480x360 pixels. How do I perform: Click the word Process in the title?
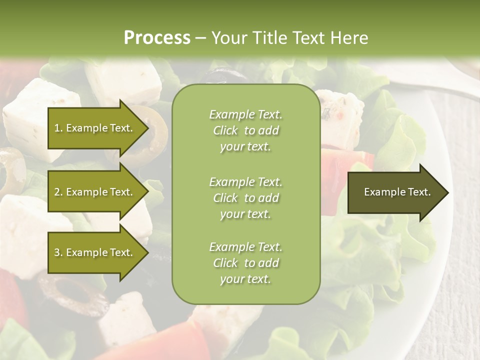(157, 38)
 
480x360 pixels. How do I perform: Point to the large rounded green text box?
(246, 194)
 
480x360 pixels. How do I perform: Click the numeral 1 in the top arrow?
(56, 128)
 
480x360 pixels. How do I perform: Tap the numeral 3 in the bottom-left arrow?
(56, 252)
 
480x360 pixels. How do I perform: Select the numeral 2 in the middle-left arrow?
(56, 192)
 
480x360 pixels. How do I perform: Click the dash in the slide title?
(201, 38)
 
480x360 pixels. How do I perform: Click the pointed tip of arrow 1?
(147, 128)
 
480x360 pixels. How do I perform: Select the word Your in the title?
(228, 38)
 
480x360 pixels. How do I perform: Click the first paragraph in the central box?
(246, 130)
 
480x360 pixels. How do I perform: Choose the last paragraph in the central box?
(246, 263)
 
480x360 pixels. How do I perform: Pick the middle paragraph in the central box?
(246, 198)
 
